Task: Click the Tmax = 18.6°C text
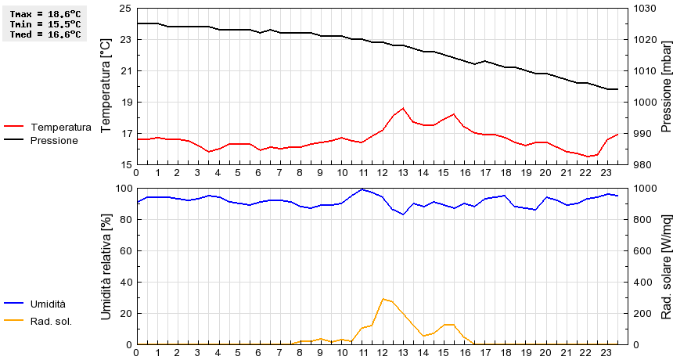(x=45, y=14)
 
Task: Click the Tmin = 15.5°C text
(x=45, y=24)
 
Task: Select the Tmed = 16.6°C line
(x=45, y=34)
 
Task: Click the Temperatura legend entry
(x=60, y=127)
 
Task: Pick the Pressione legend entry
(x=54, y=140)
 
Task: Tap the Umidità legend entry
(x=48, y=304)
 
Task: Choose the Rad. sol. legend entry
(x=51, y=320)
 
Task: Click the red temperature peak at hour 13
(x=403, y=108)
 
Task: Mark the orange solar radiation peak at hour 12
(x=383, y=299)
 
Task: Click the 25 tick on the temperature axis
(x=125, y=8)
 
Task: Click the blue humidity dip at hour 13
(x=403, y=214)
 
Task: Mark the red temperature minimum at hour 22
(x=587, y=157)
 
